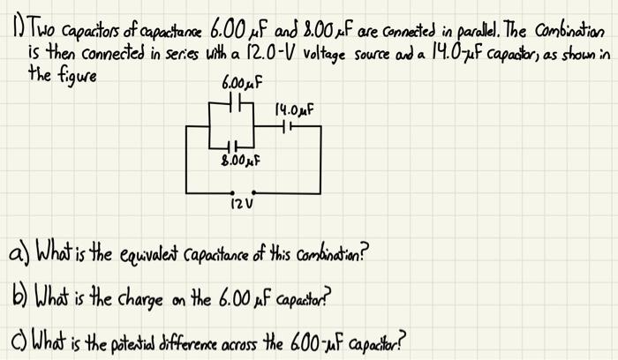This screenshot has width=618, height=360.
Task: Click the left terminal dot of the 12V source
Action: click(232, 191)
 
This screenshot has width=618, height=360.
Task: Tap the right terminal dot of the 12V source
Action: click(254, 191)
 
